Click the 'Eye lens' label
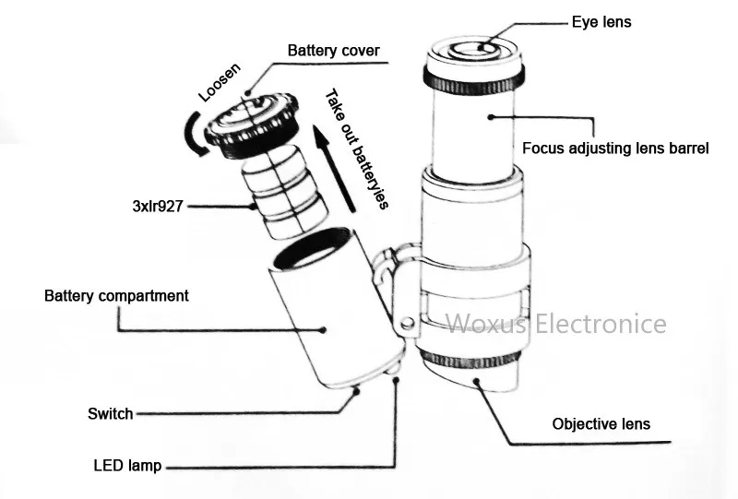pos(601,20)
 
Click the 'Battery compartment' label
pos(116,296)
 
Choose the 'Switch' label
pos(110,414)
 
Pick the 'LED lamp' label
pos(127,466)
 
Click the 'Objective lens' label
pos(601,424)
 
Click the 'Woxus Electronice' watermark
pos(556,324)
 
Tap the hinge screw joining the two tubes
pos(405,323)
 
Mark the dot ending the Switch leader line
pos(356,390)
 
